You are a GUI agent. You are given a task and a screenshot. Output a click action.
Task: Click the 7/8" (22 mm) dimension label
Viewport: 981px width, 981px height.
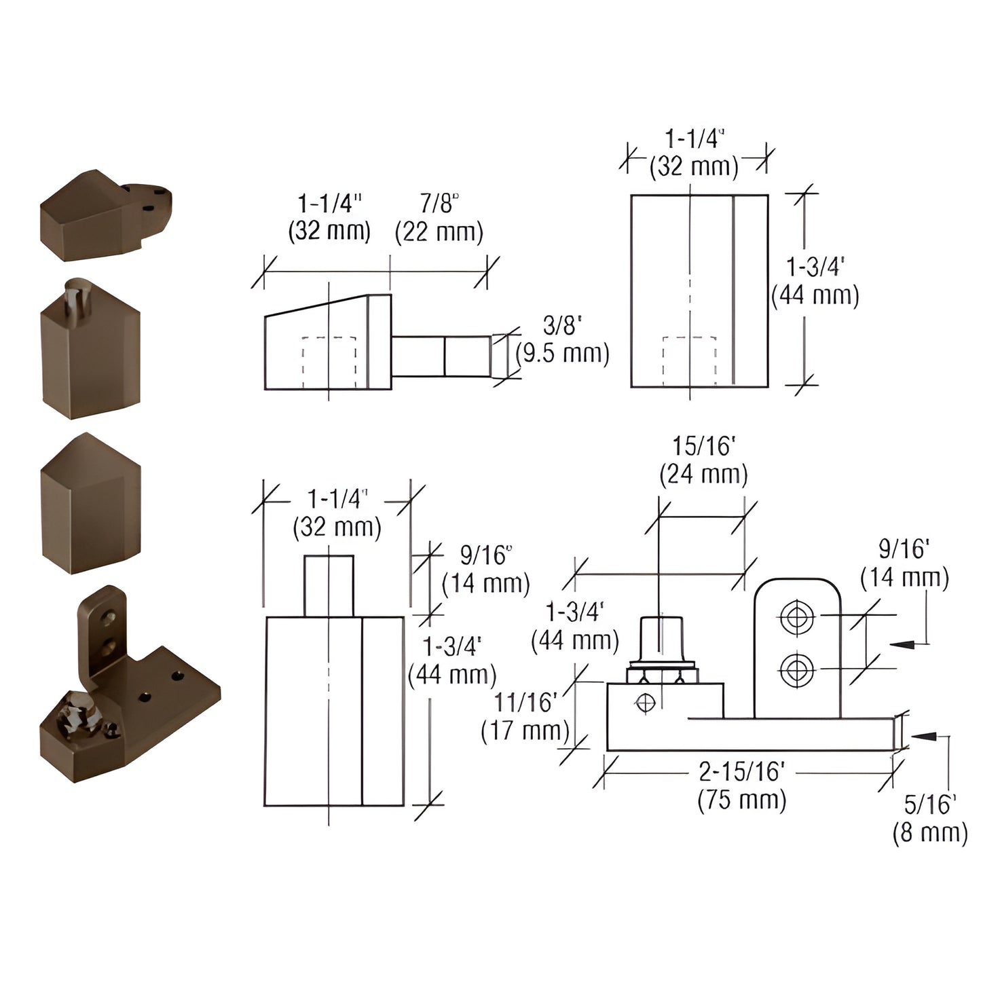pos(439,218)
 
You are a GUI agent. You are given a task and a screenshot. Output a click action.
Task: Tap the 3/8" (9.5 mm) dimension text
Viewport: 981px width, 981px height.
pos(562,340)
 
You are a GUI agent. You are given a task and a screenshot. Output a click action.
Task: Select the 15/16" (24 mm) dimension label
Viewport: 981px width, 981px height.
pos(703,460)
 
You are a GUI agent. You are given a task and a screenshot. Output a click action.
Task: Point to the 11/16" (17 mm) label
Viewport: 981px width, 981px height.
pos(525,716)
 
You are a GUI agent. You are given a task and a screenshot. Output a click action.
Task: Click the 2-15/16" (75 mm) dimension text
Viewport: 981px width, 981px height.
pos(741,785)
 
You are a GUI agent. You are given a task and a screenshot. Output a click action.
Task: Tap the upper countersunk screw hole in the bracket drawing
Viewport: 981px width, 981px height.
pos(797,618)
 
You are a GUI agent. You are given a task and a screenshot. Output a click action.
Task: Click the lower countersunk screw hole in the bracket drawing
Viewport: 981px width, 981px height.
pos(797,670)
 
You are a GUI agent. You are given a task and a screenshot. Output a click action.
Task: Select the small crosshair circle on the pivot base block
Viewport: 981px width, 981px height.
pos(645,702)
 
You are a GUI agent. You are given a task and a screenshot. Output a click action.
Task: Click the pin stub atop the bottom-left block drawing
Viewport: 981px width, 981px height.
pos(329,585)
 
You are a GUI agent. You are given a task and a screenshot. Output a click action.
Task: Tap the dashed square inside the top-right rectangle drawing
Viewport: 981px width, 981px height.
pos(689,361)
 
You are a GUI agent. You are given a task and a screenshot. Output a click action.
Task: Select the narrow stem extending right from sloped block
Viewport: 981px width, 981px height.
pos(440,356)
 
